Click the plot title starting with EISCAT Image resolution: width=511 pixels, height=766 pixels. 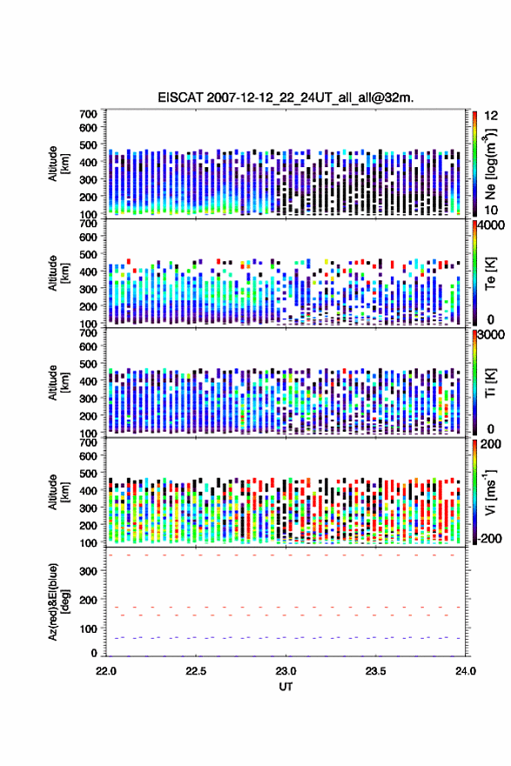pyautogui.click(x=286, y=97)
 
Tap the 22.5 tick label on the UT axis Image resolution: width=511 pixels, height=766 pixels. pyautogui.click(x=196, y=671)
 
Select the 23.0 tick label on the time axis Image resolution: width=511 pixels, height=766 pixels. pyautogui.click(x=286, y=671)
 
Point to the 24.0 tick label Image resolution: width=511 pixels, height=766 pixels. pyautogui.click(x=466, y=671)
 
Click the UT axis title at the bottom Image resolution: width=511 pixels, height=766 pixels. pyautogui.click(x=286, y=687)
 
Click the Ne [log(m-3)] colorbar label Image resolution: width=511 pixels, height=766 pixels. pyautogui.click(x=490, y=164)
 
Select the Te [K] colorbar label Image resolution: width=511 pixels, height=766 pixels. pyautogui.click(x=490, y=273)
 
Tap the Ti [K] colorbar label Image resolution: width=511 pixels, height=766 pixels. pyautogui.click(x=490, y=383)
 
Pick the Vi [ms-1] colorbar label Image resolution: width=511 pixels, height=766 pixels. pyautogui.click(x=490, y=492)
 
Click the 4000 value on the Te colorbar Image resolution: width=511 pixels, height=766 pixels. pyautogui.click(x=492, y=225)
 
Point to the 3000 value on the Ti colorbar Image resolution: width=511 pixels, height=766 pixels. pyautogui.click(x=492, y=335)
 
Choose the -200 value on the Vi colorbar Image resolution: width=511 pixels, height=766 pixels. pyautogui.click(x=490, y=539)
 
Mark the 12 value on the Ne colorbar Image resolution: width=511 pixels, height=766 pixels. pyautogui.click(x=491, y=116)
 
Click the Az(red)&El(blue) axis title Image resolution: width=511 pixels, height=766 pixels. pyautogui.click(x=58, y=601)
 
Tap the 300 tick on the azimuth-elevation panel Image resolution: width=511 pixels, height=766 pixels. pyautogui.click(x=89, y=571)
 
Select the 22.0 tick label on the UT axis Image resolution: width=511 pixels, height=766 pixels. pyautogui.click(x=106, y=671)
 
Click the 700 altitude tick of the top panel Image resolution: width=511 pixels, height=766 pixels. pyautogui.click(x=89, y=114)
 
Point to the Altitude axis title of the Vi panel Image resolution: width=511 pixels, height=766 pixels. pyautogui.click(x=58, y=492)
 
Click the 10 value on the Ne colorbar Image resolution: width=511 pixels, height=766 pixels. pyautogui.click(x=491, y=210)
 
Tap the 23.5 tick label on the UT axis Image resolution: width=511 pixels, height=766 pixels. pyautogui.click(x=376, y=671)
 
